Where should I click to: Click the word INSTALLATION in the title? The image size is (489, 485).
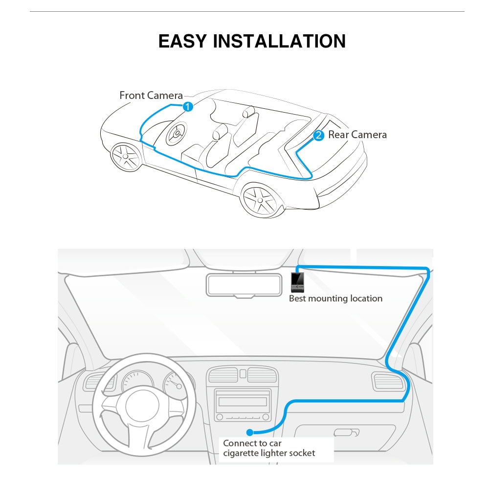point(279,41)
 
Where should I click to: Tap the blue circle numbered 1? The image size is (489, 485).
point(188,107)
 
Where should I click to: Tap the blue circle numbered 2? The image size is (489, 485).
point(318,135)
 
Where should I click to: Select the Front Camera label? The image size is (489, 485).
point(151,96)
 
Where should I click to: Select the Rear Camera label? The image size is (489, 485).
point(357,135)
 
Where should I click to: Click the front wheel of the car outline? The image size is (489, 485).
point(126,156)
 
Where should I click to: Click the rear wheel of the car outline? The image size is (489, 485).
point(260,200)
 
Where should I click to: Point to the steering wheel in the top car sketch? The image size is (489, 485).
point(177,133)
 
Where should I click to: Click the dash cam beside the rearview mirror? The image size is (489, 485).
point(297,282)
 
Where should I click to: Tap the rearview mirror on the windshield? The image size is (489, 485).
point(244,285)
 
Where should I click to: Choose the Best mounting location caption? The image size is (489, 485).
point(335,298)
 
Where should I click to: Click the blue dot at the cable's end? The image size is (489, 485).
point(249,433)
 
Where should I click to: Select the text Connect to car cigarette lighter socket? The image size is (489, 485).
point(269,448)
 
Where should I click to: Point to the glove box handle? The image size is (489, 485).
point(346,433)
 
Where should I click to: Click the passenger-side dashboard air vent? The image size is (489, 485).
point(388,382)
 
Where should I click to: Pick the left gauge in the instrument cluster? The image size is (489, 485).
point(137,381)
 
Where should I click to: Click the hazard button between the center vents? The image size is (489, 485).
point(243,374)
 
